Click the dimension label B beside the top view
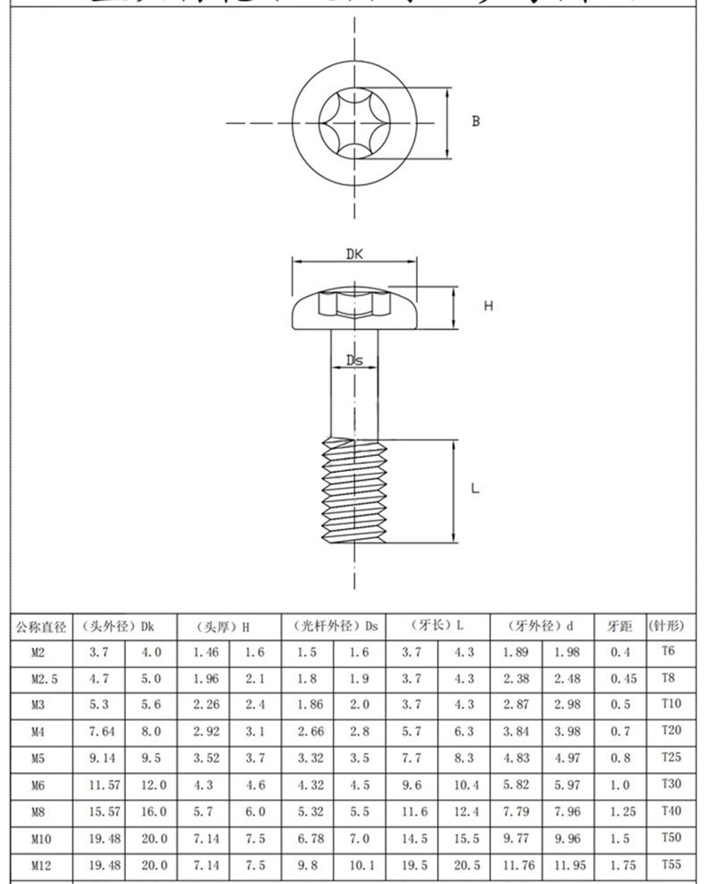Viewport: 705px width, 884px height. click(x=475, y=122)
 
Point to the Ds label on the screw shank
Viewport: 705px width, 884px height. click(x=354, y=360)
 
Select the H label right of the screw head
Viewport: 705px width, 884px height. click(x=488, y=306)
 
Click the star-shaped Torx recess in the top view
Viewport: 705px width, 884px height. click(x=353, y=122)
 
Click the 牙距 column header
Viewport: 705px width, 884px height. click(x=620, y=627)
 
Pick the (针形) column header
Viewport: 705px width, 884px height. click(x=665, y=627)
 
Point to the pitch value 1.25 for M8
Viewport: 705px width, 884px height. click(x=620, y=812)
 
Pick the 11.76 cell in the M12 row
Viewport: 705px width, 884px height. click(x=516, y=866)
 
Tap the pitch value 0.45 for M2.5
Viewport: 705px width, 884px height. click(x=620, y=679)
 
